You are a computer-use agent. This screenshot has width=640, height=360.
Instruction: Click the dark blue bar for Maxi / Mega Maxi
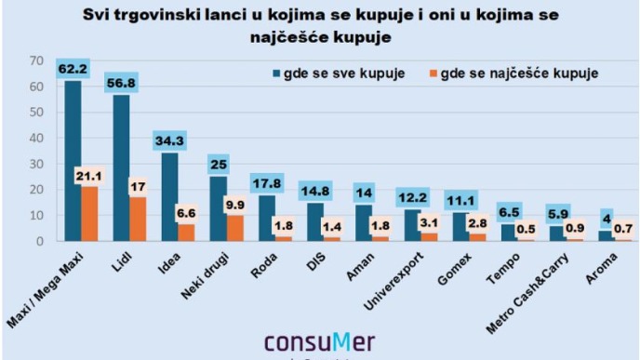coord(73,163)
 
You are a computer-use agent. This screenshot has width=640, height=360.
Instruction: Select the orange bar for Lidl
coord(138,220)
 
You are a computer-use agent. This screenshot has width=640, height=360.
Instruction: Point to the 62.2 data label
coord(73,68)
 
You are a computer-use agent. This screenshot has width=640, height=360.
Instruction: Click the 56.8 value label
coord(122,83)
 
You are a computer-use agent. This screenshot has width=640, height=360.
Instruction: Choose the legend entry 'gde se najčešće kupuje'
coord(517,73)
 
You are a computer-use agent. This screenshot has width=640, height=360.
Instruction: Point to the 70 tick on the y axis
coord(36,60)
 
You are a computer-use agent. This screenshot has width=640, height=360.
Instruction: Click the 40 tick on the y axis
coord(36,138)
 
